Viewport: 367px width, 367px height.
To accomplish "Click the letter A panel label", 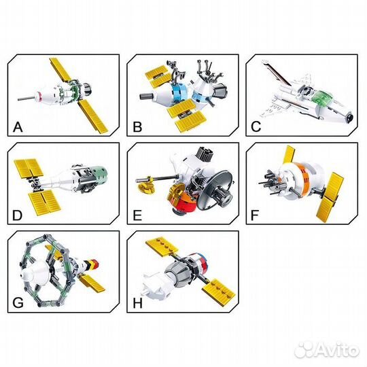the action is point(18,127).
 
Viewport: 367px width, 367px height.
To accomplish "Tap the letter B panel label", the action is point(137,127).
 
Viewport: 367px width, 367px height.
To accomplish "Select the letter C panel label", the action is point(256,127).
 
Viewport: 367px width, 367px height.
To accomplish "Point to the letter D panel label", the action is point(17,215).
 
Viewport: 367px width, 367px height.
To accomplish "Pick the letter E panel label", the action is point(137,215).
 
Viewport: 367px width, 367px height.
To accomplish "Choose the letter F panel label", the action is point(255,215).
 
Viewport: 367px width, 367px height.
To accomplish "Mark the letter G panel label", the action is point(18,303).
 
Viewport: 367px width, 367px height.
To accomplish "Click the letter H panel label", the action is point(137,303).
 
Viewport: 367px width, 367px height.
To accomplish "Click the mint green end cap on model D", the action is point(100,175).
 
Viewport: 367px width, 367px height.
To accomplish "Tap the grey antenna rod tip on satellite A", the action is point(19,99).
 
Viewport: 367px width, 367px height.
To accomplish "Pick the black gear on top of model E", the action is point(205,154).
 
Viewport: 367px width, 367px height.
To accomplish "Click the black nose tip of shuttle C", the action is point(350,117).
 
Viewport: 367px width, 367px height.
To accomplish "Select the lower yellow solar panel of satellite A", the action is point(93,117).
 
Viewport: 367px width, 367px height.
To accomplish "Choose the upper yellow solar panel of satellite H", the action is point(162,247).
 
